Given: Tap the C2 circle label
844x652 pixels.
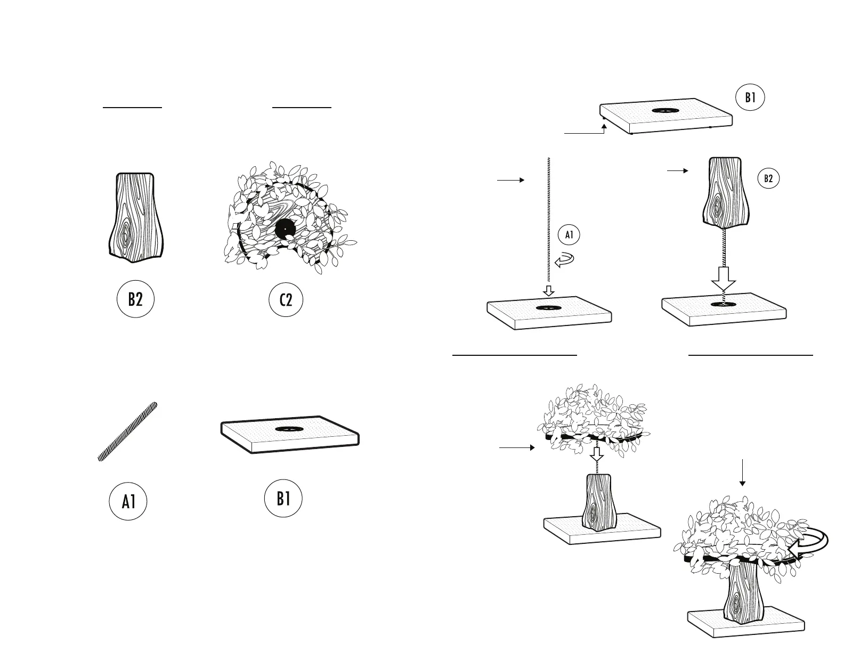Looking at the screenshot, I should [x=286, y=299].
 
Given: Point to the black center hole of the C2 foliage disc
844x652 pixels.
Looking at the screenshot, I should [x=286, y=229].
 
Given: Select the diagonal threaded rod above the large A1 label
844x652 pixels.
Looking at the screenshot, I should [x=128, y=431].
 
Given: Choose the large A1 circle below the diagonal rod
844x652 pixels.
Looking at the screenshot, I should [x=128, y=501].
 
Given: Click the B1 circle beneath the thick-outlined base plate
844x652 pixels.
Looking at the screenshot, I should [x=283, y=499].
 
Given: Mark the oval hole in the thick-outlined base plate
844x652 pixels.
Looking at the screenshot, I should [x=290, y=429].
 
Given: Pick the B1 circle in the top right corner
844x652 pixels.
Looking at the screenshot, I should [x=750, y=97].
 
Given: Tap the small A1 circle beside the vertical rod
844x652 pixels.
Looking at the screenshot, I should [x=569, y=235].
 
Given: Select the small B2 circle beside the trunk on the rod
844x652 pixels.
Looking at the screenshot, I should [x=768, y=178].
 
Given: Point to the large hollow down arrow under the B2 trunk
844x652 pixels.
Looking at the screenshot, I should [x=724, y=279].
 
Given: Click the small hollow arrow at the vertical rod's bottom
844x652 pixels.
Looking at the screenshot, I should [x=548, y=291].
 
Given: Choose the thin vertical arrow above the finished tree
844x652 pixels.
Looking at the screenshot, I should [x=742, y=472].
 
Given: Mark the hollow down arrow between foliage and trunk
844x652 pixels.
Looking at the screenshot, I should [x=597, y=454].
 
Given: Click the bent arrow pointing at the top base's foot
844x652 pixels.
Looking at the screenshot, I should [x=586, y=131].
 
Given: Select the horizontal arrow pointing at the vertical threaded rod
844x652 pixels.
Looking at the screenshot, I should [x=510, y=181].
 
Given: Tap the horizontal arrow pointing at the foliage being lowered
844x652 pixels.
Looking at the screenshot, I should [x=517, y=448].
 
